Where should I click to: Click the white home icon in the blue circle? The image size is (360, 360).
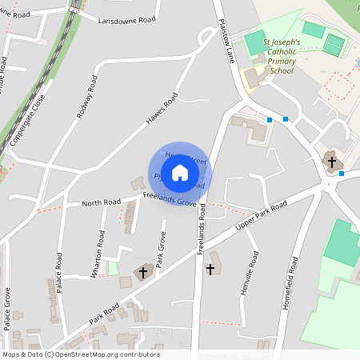tap(180, 173)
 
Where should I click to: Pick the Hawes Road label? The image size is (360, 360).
tap(161, 110)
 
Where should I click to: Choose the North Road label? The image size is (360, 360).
tap(101, 202)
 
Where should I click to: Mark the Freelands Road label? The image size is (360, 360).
tap(201, 229)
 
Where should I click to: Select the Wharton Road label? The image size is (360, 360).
tap(97, 254)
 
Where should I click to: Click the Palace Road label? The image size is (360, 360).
tap(59, 273)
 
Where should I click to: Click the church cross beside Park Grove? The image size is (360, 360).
tap(144, 273)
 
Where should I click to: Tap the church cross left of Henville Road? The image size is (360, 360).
tap(211, 269)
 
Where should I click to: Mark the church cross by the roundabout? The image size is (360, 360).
tap(330, 162)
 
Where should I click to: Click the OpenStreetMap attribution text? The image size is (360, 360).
tap(80, 354)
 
